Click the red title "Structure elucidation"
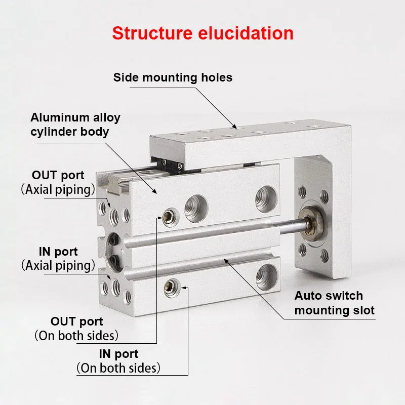pyautogui.click(x=202, y=33)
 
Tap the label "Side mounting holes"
pyautogui.click(x=173, y=77)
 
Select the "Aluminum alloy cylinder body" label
pyautogui.click(x=75, y=125)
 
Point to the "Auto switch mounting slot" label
pyautogui.click(x=335, y=303)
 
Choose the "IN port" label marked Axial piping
pyautogui.click(x=58, y=258)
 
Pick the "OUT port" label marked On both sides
pyautogui.click(x=76, y=328)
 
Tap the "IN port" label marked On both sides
pyautogui.click(x=118, y=360)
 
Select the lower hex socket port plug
pyautogui.click(x=171, y=288)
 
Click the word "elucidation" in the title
pyautogui.click(x=241, y=33)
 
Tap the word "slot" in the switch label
pyautogui.click(x=363, y=310)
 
